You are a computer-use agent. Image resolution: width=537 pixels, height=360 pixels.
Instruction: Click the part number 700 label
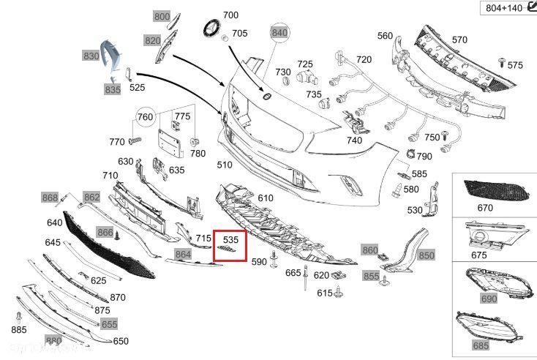point(230,15)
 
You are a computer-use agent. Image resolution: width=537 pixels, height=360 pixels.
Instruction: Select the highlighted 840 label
point(279,33)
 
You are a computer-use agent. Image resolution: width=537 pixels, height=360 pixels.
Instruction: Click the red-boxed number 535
point(231,239)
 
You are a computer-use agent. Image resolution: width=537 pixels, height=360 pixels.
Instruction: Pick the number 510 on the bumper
point(224,165)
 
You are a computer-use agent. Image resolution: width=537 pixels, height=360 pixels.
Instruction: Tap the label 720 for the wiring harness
point(364,60)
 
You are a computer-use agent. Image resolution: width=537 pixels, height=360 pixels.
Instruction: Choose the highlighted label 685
point(500,345)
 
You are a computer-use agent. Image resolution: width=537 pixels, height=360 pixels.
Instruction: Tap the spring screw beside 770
point(135,140)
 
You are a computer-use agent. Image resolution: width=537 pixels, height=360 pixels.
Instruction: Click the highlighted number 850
point(426,255)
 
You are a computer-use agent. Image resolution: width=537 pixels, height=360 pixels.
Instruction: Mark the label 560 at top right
point(385,35)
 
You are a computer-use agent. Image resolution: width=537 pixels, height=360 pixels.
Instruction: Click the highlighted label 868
point(50,198)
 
